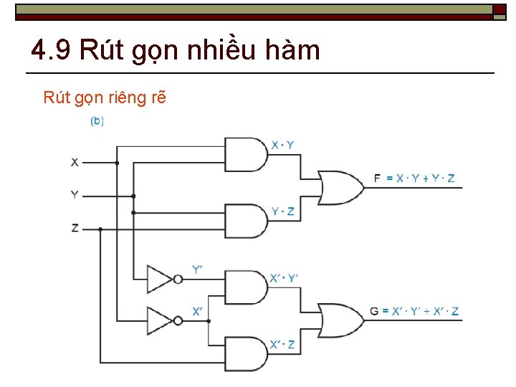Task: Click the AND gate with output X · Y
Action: pyautogui.click(x=246, y=154)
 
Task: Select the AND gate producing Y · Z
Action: pyautogui.click(x=246, y=221)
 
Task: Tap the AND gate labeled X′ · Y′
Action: pyautogui.click(x=246, y=287)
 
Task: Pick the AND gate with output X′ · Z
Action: pyautogui.click(x=246, y=353)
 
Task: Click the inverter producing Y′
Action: pyautogui.click(x=161, y=279)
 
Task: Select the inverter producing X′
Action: pyautogui.click(x=161, y=320)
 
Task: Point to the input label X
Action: pyautogui.click(x=75, y=163)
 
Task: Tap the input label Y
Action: pyautogui.click(x=75, y=195)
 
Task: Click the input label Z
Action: pyautogui.click(x=75, y=228)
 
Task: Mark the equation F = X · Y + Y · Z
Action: pyautogui.click(x=414, y=178)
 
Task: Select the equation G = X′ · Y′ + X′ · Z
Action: pyautogui.click(x=414, y=311)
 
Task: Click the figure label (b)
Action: pyautogui.click(x=97, y=122)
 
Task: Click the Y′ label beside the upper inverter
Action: pyautogui.click(x=198, y=269)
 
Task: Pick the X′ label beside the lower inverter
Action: pyautogui.click(x=198, y=311)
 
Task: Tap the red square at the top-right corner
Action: pyautogui.click(x=500, y=9)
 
